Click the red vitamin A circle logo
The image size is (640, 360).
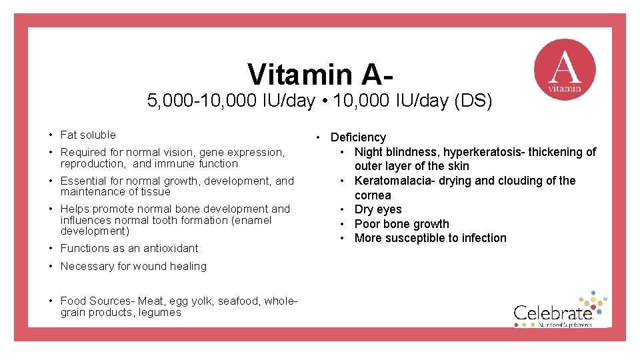point(565,70)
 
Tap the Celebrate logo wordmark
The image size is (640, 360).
point(553,313)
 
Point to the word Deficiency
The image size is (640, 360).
point(358,137)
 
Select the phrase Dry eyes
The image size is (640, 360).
point(378,209)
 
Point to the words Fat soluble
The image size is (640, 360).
point(88,135)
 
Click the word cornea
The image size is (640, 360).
point(373,195)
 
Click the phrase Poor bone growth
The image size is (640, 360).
point(401,224)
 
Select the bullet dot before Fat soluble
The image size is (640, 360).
point(51,135)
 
